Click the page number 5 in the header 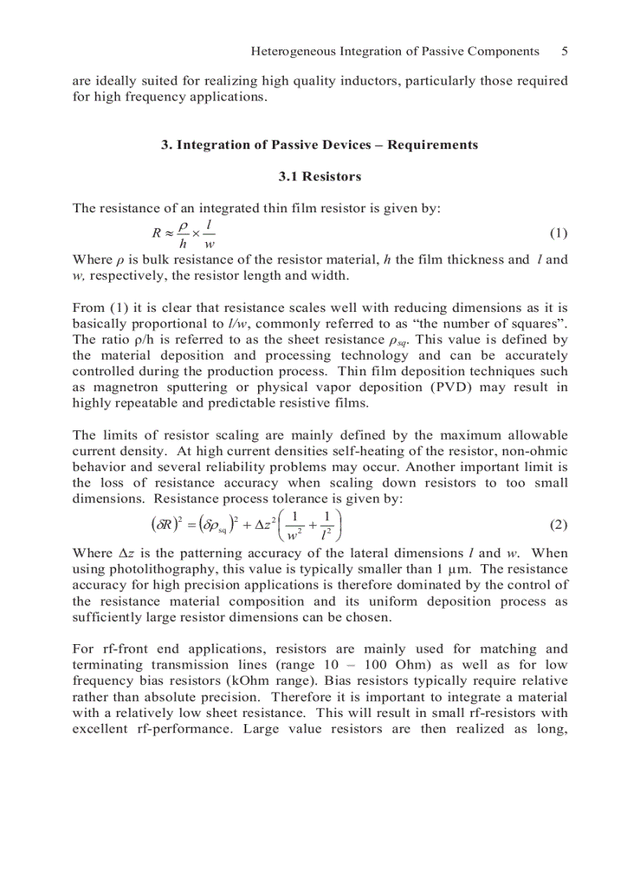click(x=564, y=51)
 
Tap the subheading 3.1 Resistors click(x=320, y=177)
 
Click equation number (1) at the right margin click(x=558, y=234)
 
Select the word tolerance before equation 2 click(x=318, y=498)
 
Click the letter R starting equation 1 click(x=157, y=234)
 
